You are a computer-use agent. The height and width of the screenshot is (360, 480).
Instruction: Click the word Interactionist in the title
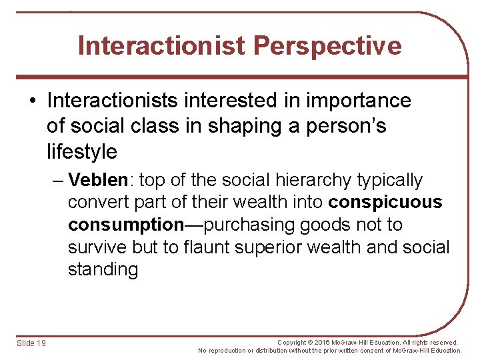pos(162,46)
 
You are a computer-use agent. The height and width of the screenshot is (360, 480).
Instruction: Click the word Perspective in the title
pos(327,46)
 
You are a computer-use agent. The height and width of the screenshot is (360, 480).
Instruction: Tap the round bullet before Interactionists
pos(33,101)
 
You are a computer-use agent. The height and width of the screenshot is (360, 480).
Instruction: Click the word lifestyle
pos(82,152)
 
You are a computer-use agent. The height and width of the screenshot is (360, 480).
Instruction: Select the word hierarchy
pos(299,181)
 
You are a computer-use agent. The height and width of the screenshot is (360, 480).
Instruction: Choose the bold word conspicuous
pos(385,203)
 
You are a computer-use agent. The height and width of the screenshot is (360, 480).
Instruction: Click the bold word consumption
pos(126,225)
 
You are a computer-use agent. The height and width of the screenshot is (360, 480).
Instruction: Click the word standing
pos(103,270)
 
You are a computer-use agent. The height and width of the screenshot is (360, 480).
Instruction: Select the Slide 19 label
pos(31,343)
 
